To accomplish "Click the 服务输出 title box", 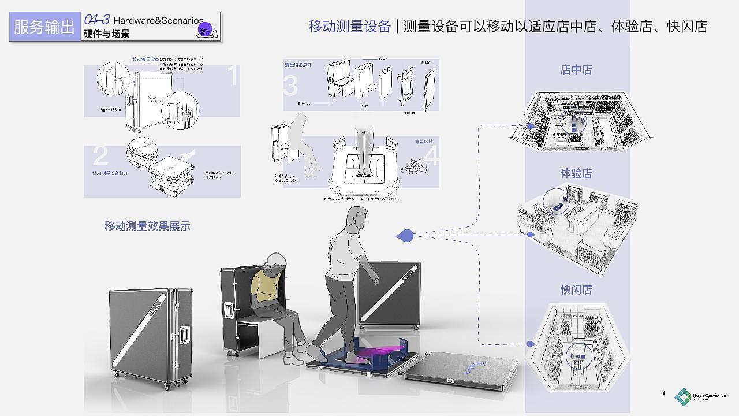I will click(x=44, y=27).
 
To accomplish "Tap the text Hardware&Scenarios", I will click(x=158, y=20).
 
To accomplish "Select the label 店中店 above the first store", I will click(x=576, y=70).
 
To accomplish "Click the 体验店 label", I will click(x=576, y=173).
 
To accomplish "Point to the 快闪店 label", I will click(x=576, y=289).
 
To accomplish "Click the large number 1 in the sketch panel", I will click(x=233, y=77).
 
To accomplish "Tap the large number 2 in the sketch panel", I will click(x=100, y=157).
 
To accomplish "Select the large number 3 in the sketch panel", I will click(x=291, y=86).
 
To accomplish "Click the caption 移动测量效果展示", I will click(x=147, y=226).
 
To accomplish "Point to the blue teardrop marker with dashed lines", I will click(x=406, y=235).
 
